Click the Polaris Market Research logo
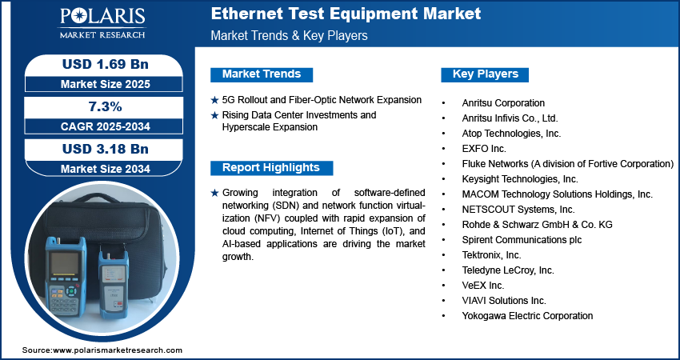click(x=102, y=23)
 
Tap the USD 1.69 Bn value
click(x=106, y=64)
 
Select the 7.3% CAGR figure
click(x=104, y=106)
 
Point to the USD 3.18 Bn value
click(x=106, y=149)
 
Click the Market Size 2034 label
click(x=106, y=168)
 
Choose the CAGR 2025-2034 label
click(x=106, y=126)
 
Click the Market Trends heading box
click(x=262, y=74)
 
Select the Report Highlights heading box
click(x=271, y=168)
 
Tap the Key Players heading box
click(x=485, y=74)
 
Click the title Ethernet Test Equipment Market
click(x=346, y=14)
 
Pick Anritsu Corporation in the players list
click(x=503, y=103)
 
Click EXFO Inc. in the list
click(x=484, y=149)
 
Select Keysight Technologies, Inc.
click(x=520, y=179)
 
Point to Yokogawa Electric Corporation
click(x=527, y=316)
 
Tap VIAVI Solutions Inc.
click(x=504, y=301)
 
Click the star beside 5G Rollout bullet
click(x=214, y=100)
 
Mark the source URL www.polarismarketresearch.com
click(x=118, y=350)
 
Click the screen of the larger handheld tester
click(x=64, y=264)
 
